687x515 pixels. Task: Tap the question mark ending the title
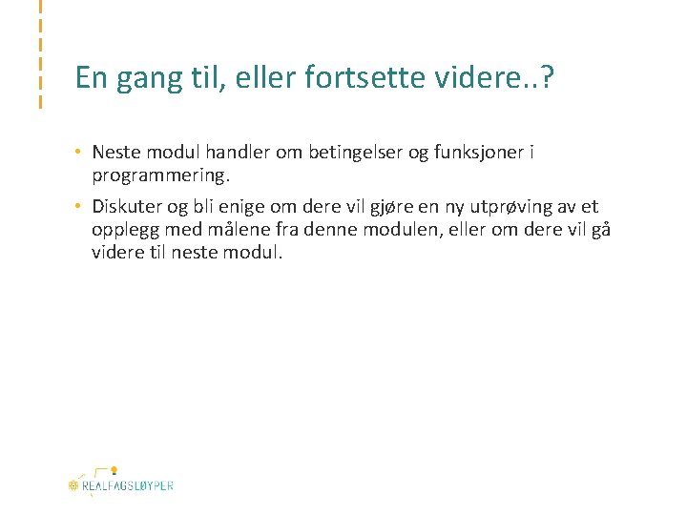[547, 78]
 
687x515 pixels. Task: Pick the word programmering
[160, 176]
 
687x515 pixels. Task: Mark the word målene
[250, 230]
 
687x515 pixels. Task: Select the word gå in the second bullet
[600, 230]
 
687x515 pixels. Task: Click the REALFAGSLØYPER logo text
[127, 485]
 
